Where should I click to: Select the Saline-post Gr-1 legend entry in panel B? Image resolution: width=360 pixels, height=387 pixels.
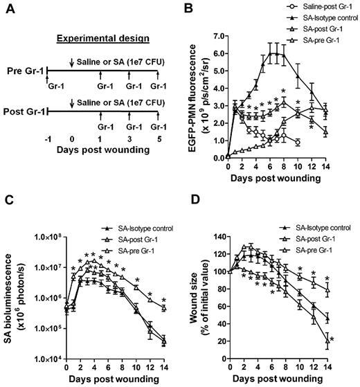click(x=312, y=9)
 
